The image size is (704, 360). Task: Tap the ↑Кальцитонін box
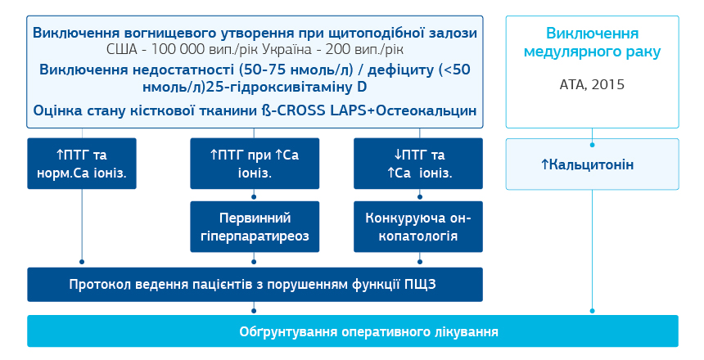point(592,164)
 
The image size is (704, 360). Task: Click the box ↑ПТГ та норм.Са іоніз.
point(83,163)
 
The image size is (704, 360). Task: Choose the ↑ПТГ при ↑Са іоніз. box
point(254,163)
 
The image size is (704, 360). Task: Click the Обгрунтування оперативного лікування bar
point(352,331)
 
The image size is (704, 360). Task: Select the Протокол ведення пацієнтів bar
point(254,284)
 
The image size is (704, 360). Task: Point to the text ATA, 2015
point(592,84)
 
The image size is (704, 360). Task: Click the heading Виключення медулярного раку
point(592,43)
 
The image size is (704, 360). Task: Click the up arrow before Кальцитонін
point(544,164)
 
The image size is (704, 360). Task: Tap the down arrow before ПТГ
point(392,155)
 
